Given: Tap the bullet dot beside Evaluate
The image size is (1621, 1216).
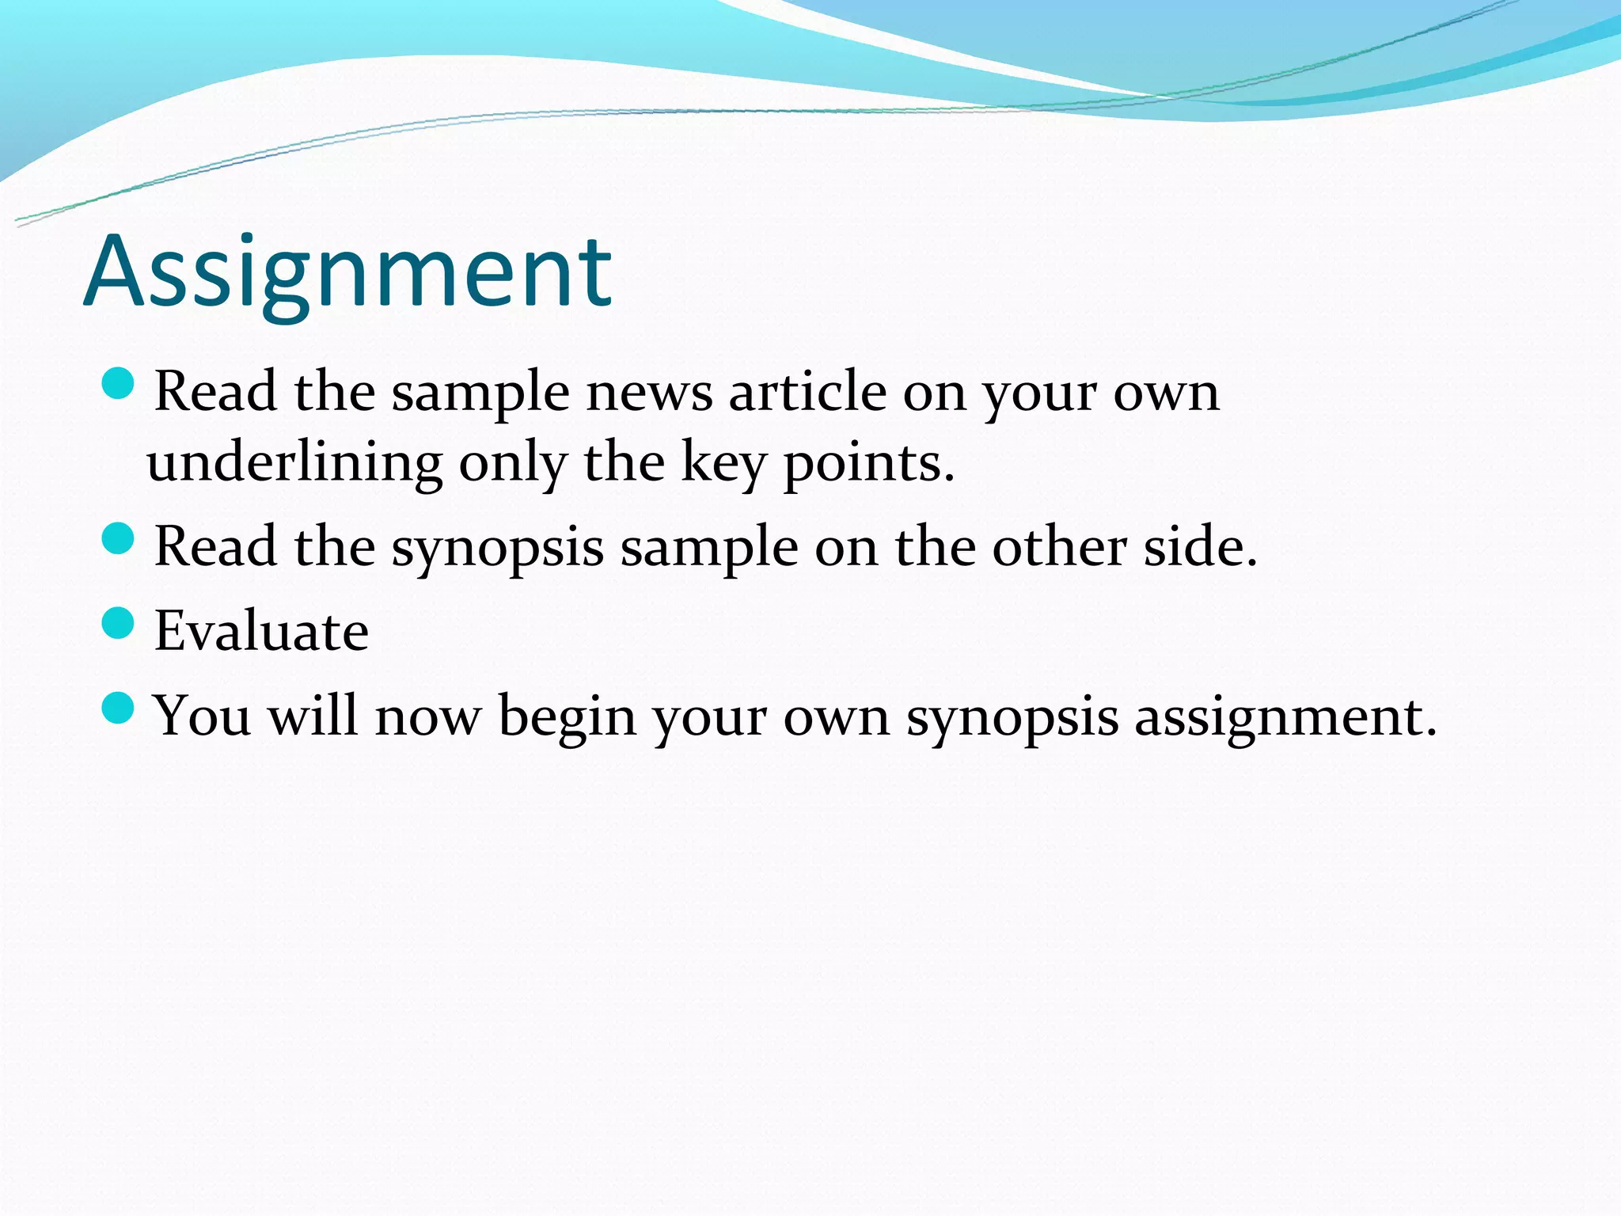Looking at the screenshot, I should pyautogui.click(x=119, y=622).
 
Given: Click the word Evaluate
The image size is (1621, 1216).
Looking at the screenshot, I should pyautogui.click(x=261, y=631).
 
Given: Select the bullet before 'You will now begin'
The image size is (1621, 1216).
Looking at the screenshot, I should pyautogui.click(x=119, y=707).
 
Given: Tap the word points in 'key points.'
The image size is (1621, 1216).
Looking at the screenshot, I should pyautogui.click(x=868, y=463).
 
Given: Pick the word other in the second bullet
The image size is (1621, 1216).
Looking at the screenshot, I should pyautogui.click(x=1059, y=547).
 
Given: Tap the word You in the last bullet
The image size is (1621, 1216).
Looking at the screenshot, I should pyautogui.click(x=202, y=716).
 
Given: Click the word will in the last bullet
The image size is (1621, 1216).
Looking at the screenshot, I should pyautogui.click(x=313, y=716).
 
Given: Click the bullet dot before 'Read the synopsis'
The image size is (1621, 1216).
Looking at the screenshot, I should pyautogui.click(x=119, y=538).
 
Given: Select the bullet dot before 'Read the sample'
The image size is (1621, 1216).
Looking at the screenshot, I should pyautogui.click(x=119, y=383).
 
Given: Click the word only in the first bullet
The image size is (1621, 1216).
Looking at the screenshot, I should pyautogui.click(x=513, y=463).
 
